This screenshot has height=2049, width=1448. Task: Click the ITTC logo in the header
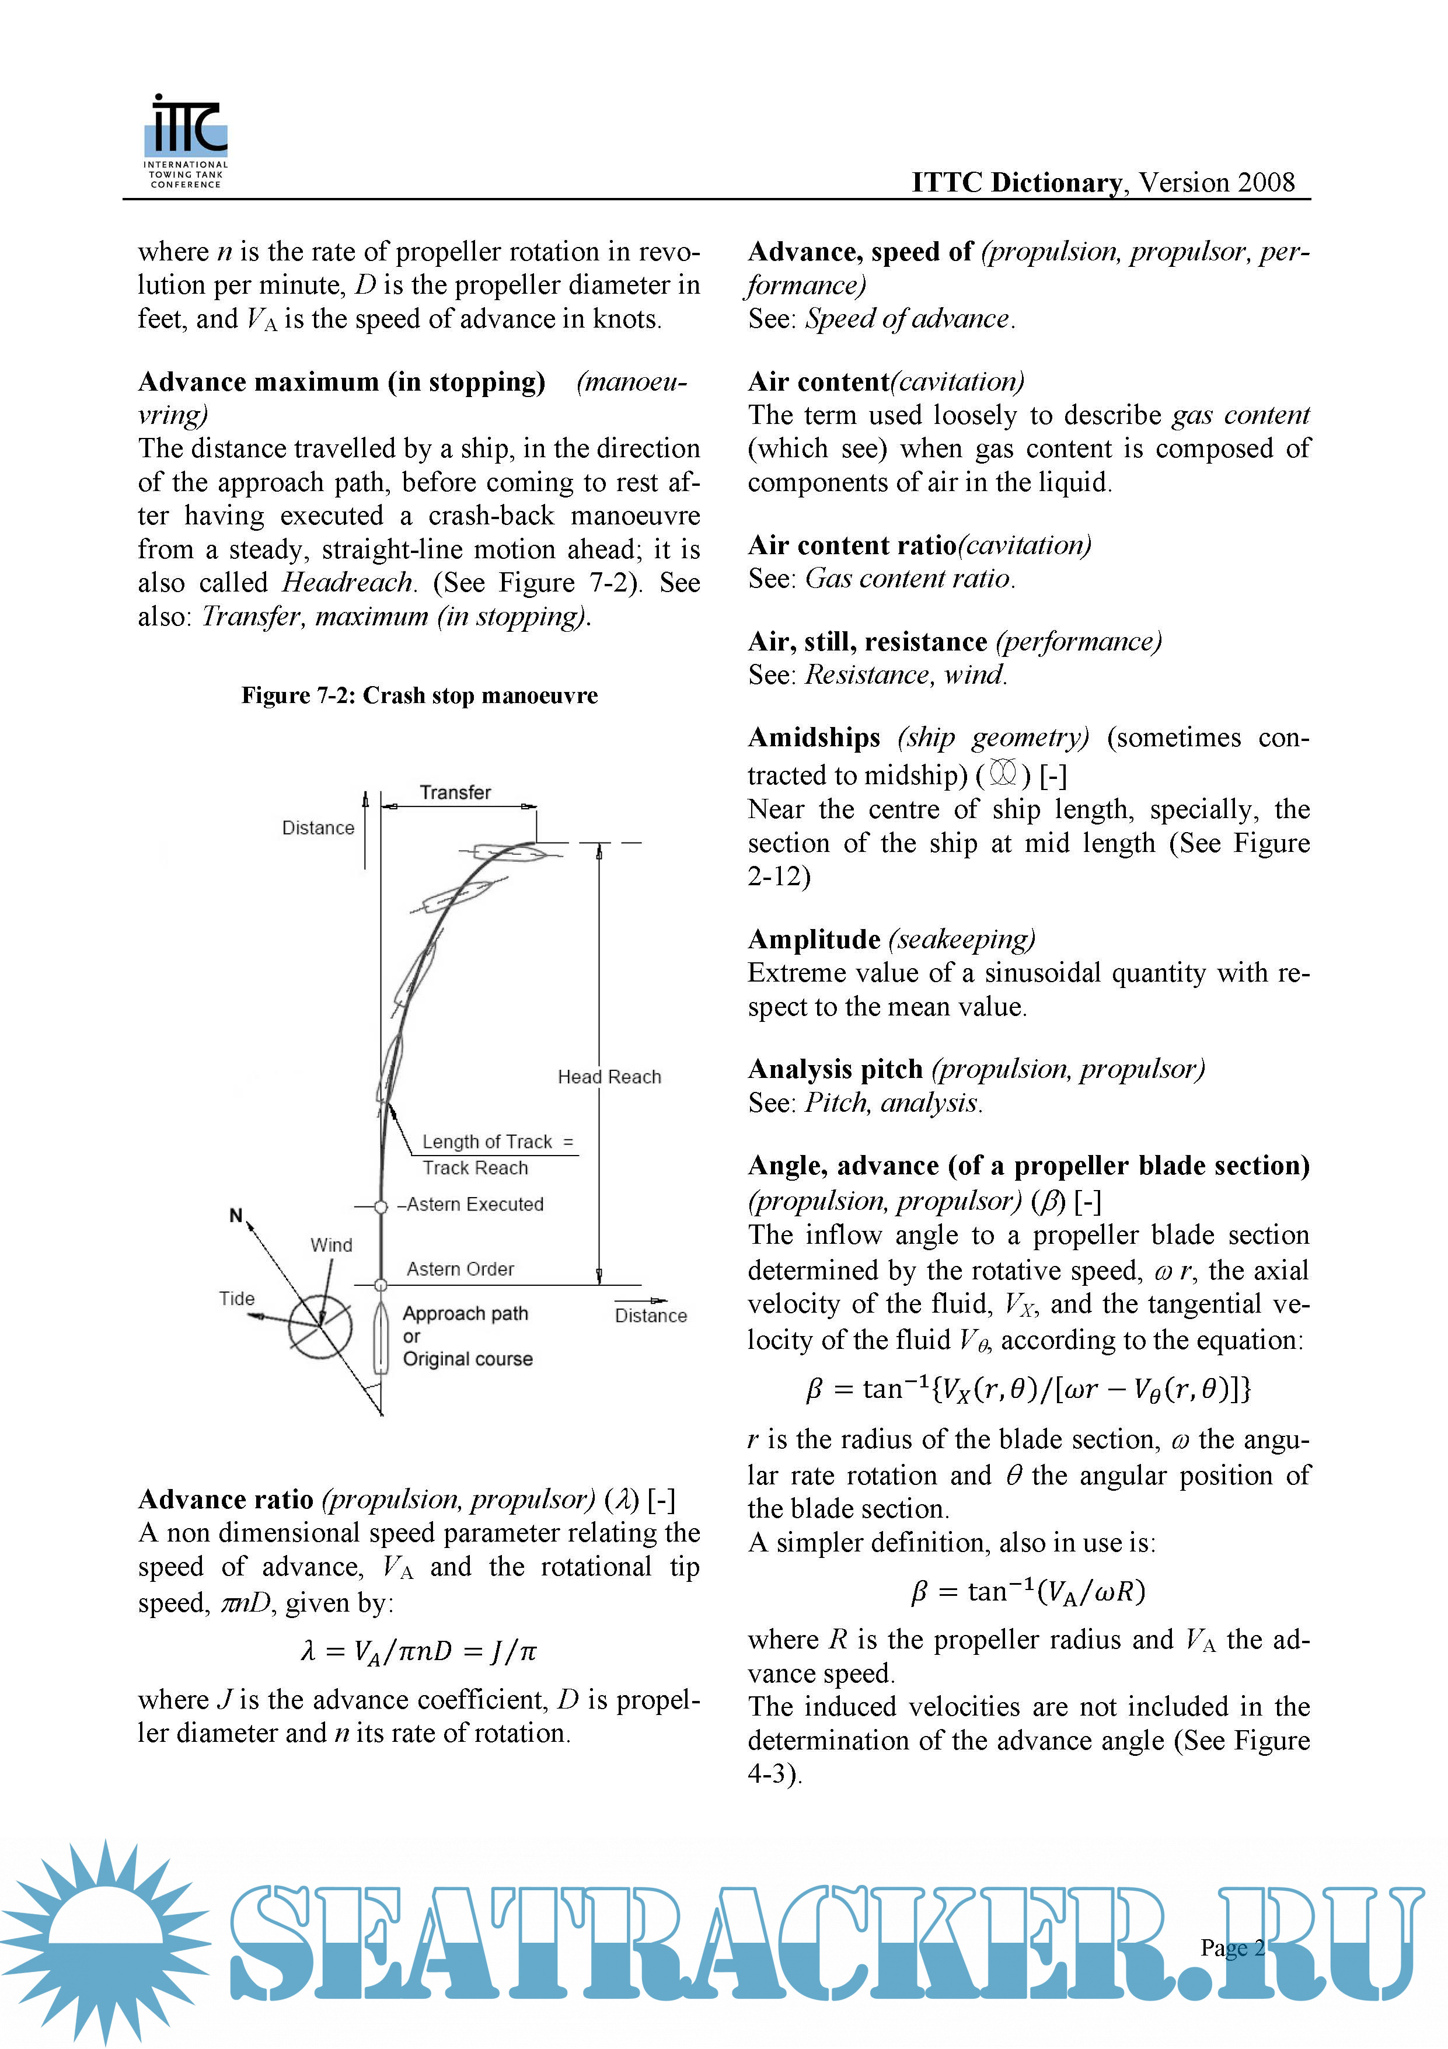click(186, 141)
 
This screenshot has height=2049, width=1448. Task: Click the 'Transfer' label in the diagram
click(455, 792)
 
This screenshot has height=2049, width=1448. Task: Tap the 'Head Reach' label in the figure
click(609, 1077)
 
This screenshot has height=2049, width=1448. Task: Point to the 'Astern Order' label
click(460, 1269)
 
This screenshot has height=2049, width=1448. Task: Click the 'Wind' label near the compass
click(331, 1245)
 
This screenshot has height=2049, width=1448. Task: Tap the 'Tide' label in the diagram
click(238, 1299)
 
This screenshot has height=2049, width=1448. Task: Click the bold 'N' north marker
click(236, 1216)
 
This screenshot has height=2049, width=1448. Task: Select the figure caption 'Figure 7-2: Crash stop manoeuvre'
click(419, 696)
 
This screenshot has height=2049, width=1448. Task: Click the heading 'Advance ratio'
click(226, 1500)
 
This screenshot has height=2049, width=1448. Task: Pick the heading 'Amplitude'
click(814, 940)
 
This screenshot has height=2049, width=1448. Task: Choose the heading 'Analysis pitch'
click(835, 1069)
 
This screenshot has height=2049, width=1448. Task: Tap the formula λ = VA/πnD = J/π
click(419, 1651)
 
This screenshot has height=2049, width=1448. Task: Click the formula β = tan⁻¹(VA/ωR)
click(1028, 1591)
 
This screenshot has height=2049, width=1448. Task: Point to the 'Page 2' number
click(1232, 1947)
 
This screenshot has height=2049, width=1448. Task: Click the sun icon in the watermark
click(105, 1941)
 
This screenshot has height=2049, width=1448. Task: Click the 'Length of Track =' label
click(497, 1142)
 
